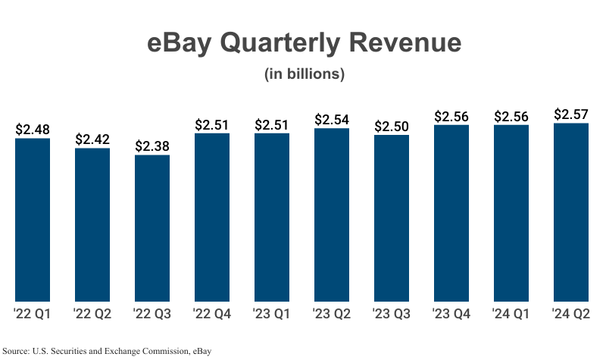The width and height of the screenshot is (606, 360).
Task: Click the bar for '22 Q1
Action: coord(33,219)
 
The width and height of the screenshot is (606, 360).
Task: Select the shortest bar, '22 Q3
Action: coord(152,227)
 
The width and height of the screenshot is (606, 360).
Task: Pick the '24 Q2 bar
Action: coord(571,211)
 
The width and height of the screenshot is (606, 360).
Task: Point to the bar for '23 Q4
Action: coord(451,212)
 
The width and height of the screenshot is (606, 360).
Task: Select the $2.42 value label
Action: coord(92,139)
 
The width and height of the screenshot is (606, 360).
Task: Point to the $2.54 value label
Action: coord(332,120)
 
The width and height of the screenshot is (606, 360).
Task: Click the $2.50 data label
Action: coord(392,127)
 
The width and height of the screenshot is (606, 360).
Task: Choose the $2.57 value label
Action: coord(571,114)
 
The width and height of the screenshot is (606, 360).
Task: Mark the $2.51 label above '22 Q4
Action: coord(212,124)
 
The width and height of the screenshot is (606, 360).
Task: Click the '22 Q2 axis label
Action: coord(92,314)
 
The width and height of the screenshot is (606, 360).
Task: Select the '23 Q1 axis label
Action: coord(272,314)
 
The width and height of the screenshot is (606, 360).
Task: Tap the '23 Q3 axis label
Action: coord(392,314)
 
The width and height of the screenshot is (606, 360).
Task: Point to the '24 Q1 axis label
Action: coord(511,314)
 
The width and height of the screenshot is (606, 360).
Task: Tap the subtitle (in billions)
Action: coord(304,74)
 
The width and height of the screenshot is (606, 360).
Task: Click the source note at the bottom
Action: coord(106,351)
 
